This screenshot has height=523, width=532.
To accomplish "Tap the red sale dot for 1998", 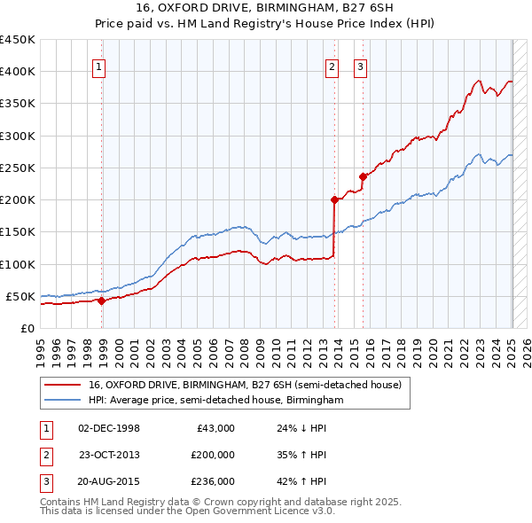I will point(101,301).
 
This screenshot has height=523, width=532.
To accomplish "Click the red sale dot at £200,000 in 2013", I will point(334,199).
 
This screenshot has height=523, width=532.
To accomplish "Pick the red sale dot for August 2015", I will point(363,176).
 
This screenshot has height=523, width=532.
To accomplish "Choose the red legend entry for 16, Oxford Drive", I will point(245,385).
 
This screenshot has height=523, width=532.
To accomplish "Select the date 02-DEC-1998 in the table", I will point(109,428).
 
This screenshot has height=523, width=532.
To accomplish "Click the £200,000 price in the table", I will point(213,455).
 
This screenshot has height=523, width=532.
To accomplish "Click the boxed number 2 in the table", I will point(45,455).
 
